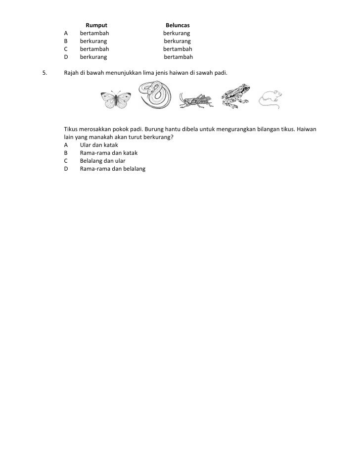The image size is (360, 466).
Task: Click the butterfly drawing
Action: tap(116, 100)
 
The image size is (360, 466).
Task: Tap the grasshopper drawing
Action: tap(195, 99)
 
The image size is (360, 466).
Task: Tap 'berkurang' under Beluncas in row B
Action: tap(177, 41)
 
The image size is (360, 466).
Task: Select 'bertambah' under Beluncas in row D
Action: tap(178, 57)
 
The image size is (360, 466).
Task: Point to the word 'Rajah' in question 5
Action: tap(72, 73)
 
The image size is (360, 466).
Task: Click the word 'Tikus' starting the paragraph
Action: tap(72, 130)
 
